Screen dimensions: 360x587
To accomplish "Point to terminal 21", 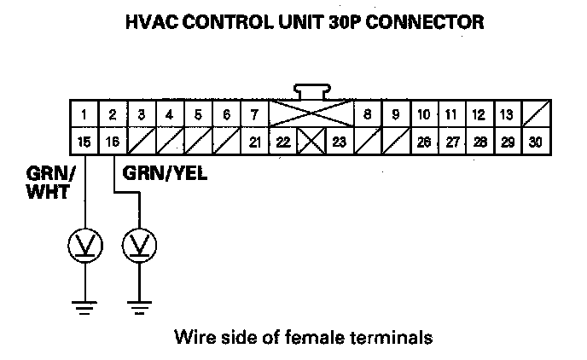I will [254, 142].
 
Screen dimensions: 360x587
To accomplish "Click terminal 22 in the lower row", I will [283, 142].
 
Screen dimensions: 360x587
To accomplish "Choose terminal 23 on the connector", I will [339, 142].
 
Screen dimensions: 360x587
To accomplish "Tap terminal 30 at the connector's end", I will [535, 142].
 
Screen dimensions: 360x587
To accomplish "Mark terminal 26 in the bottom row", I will [423, 142].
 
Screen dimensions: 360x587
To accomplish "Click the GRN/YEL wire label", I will [166, 173].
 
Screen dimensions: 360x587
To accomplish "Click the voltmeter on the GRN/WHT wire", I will [85, 247].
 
